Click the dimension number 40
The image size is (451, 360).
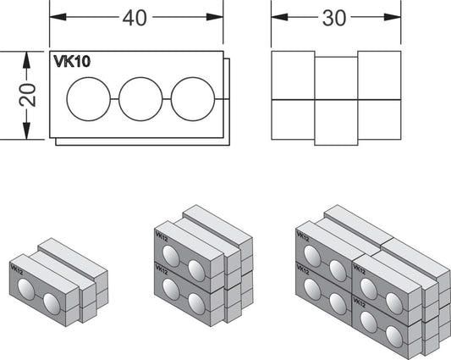(135, 18)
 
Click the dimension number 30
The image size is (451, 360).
(334, 18)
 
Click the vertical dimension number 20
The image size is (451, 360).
(28, 95)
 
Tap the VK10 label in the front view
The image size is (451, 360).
(72, 61)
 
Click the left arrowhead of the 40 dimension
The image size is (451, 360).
(58, 17)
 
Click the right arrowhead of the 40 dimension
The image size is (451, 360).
(215, 17)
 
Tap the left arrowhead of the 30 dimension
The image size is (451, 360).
(279, 17)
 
